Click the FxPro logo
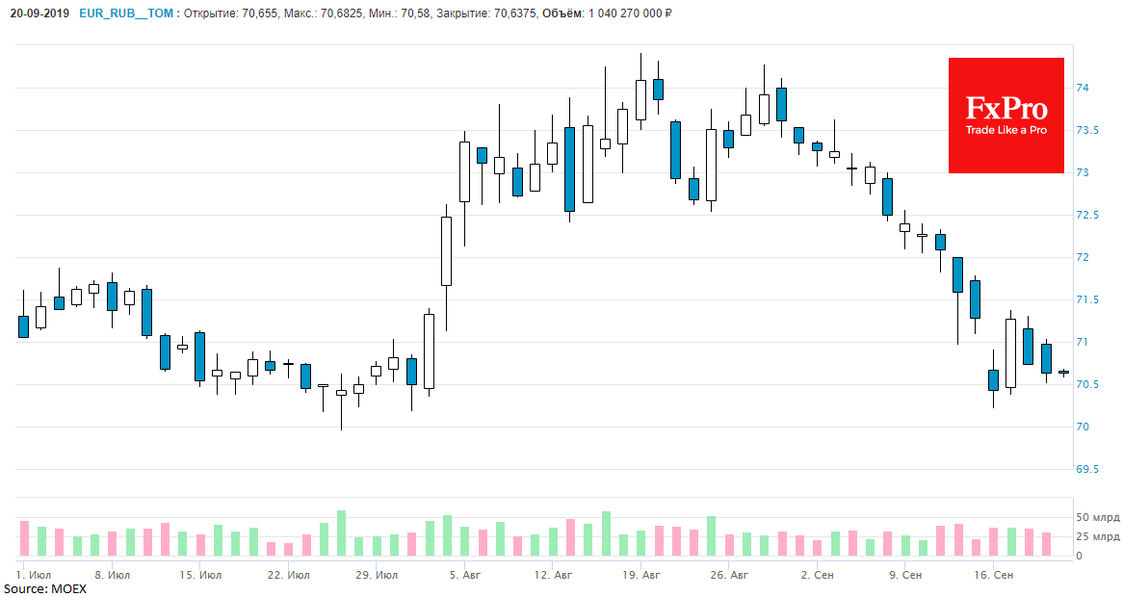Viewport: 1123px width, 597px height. click(x=1005, y=115)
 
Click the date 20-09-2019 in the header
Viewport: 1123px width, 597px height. click(x=40, y=14)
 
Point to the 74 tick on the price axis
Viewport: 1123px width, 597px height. click(x=1082, y=89)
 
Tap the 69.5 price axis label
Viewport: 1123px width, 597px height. click(x=1087, y=470)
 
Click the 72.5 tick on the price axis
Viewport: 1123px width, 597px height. click(x=1087, y=216)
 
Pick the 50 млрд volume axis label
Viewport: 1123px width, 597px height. click(x=1097, y=518)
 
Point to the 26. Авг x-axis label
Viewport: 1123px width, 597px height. click(x=728, y=575)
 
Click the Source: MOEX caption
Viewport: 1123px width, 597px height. click(x=44, y=588)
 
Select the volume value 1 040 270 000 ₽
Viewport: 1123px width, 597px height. click(x=613, y=14)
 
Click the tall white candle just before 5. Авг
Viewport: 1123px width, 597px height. click(x=446, y=250)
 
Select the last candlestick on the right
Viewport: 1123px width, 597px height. click(x=1063, y=373)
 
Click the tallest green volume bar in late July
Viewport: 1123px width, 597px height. click(x=341, y=532)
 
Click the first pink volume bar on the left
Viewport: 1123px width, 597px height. click(x=24, y=538)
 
